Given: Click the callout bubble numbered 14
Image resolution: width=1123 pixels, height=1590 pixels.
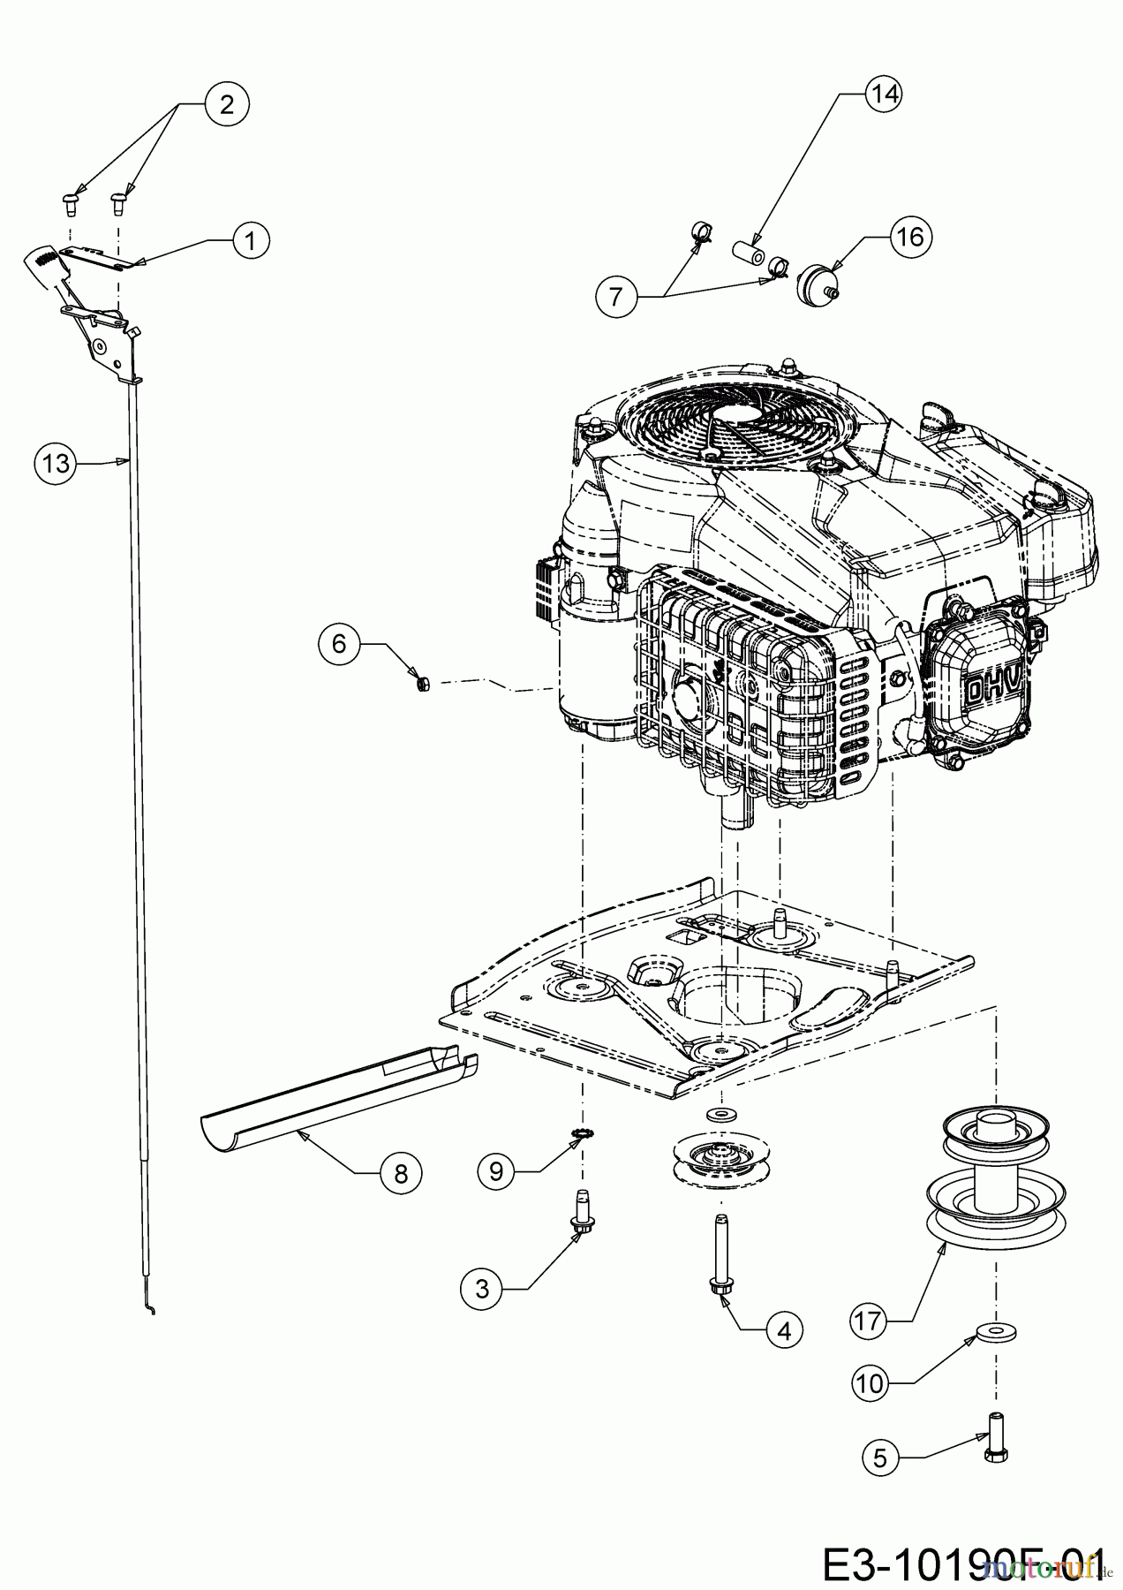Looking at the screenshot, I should click(x=884, y=94).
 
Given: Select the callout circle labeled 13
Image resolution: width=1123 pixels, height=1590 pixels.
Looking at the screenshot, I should click(x=56, y=462).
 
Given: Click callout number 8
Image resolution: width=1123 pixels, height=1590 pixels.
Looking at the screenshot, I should click(x=401, y=1173).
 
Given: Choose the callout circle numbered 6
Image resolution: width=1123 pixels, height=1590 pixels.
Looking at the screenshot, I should click(x=340, y=644).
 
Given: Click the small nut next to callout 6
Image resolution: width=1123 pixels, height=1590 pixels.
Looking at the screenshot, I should click(x=422, y=682).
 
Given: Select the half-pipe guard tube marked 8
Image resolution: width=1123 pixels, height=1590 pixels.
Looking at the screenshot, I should click(x=335, y=1096).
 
